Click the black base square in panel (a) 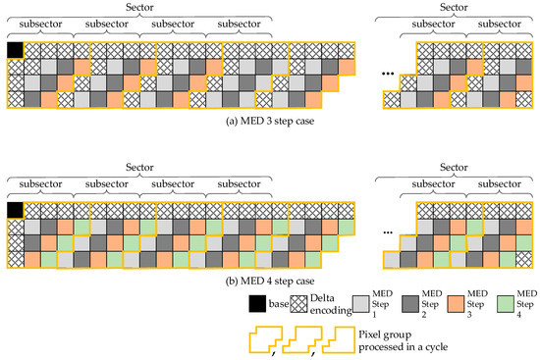tap(15, 50)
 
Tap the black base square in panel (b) tap(15, 210)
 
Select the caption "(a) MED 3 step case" tap(270, 122)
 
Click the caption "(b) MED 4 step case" tap(270, 282)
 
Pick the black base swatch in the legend tap(257, 303)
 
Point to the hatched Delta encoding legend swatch tap(298, 304)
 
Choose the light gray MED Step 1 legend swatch tap(361, 304)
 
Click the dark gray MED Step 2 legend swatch tap(410, 304)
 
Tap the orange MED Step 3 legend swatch tap(456, 304)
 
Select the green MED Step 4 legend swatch tap(506, 304)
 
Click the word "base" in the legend tap(279, 304)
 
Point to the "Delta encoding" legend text tap(331, 304)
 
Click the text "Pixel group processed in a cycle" tap(404, 340)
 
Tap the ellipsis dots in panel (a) tap(388, 74)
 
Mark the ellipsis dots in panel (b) tap(388, 232)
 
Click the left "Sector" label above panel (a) tap(139, 7)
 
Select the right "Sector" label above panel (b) tap(454, 168)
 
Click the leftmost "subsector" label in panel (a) tap(40, 25)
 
